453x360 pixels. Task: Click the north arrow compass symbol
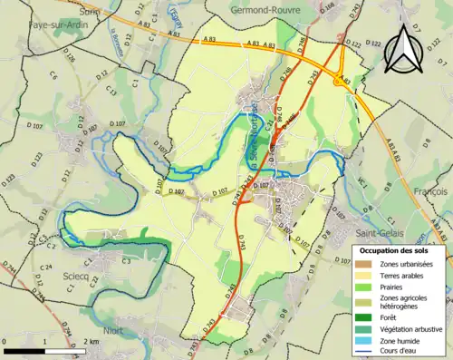pyautogui.click(x=401, y=47)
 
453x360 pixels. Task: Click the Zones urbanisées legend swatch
pyautogui.click(x=368, y=263)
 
